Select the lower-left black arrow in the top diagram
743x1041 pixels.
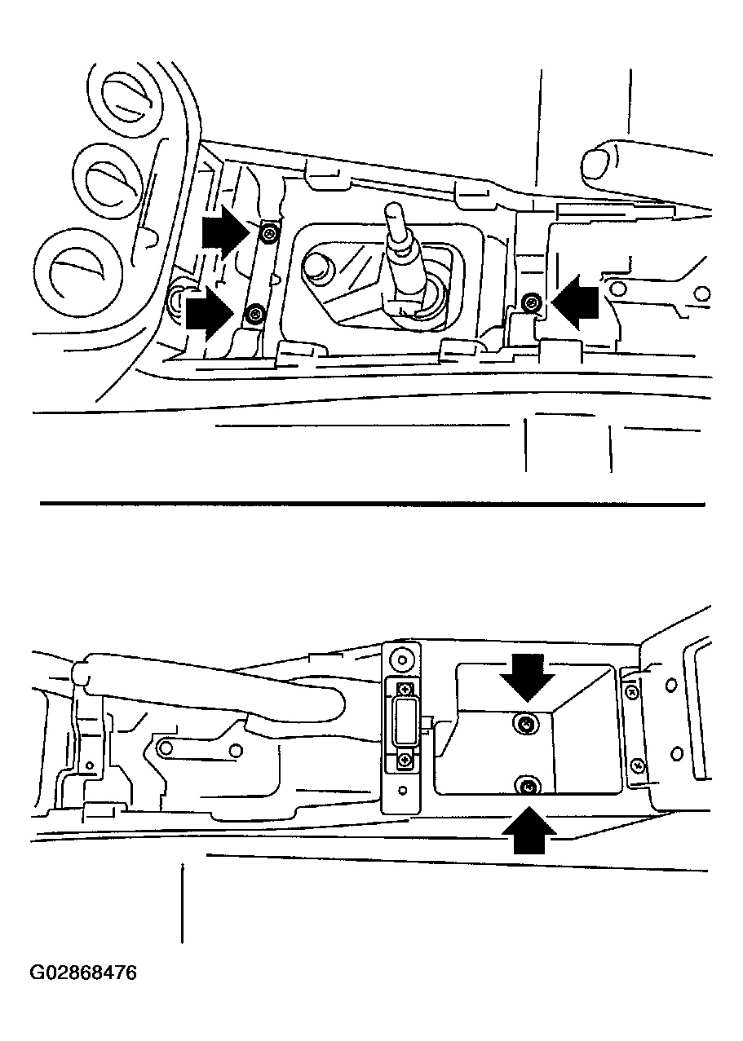210,313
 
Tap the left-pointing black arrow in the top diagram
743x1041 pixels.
574,302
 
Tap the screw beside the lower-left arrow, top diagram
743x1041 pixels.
254,314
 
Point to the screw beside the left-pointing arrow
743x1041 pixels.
529,303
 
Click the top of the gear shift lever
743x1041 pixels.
393,210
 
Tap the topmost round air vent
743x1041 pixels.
126,100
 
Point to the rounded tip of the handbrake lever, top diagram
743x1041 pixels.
598,164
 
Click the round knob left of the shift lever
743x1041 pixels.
317,267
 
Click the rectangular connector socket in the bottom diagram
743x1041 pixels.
405,722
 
